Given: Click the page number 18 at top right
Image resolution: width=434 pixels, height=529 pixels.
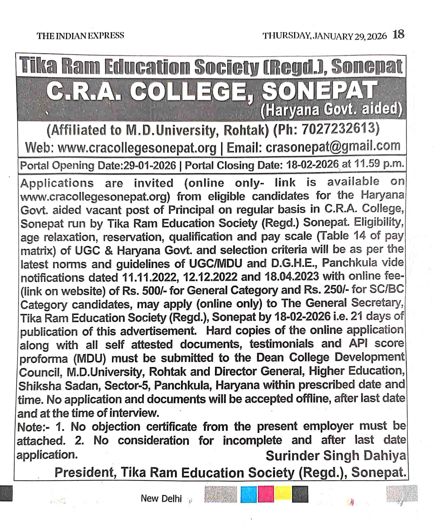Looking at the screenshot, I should point(398,34).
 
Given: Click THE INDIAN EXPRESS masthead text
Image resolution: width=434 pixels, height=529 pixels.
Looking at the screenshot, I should point(80,36).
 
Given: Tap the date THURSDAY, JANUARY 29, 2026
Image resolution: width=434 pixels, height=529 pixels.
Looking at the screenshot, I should point(324,36).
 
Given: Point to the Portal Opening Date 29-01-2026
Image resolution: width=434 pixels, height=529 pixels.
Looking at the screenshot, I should point(149,165).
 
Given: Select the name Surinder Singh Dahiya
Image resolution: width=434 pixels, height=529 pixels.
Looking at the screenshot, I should point(336,456).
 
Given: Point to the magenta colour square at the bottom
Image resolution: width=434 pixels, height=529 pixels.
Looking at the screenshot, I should point(266,494).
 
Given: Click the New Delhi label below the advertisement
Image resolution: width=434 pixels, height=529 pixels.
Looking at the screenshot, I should point(161,498).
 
